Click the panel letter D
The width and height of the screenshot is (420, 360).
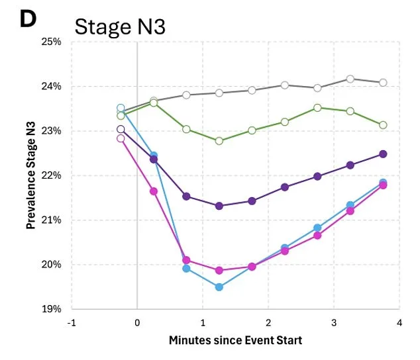click(x=27, y=19)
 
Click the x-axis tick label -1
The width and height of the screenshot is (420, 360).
click(x=72, y=322)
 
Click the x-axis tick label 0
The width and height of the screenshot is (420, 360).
click(x=137, y=322)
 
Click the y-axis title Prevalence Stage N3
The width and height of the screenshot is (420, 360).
click(x=31, y=175)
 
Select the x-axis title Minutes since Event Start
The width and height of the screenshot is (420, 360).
click(x=235, y=340)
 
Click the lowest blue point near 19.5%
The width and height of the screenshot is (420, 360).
click(x=219, y=287)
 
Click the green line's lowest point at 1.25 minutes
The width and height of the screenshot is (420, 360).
click(x=219, y=141)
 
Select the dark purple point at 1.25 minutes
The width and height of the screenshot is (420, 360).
click(x=219, y=206)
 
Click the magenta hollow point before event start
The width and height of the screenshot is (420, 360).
click(x=121, y=138)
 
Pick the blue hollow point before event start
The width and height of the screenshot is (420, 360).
click(x=121, y=108)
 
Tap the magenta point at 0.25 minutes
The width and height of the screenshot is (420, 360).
click(x=154, y=191)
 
